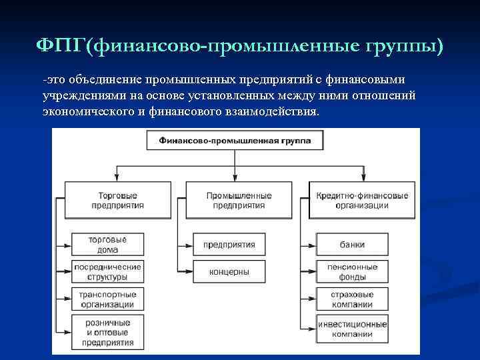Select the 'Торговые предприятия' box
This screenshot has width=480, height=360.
[117, 200]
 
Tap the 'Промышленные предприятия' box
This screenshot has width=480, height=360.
[239, 200]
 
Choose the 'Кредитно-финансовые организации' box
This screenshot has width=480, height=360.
[363, 200]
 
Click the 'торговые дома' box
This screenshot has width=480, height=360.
[107, 245]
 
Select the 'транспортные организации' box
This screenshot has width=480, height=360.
[107, 299]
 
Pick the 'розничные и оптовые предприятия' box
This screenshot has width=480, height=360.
[107, 333]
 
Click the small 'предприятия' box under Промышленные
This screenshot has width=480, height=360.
[229, 245]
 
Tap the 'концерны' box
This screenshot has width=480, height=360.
[229, 271]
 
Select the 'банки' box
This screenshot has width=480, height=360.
[351, 245]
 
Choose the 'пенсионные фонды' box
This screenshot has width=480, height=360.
[352, 271]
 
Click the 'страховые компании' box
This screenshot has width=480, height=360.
[352, 299]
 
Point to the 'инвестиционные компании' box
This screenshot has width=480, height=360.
[352, 328]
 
